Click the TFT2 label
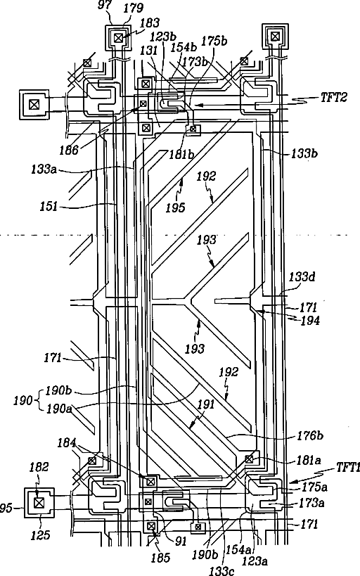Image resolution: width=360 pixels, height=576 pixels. click(x=333, y=98)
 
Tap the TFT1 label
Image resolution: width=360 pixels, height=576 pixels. click(x=348, y=468)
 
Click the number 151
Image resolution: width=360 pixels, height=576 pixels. click(x=49, y=206)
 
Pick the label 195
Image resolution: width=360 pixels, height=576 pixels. click(x=175, y=208)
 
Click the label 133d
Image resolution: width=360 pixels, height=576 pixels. click(x=302, y=276)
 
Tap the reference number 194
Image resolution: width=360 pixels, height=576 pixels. click(x=310, y=321)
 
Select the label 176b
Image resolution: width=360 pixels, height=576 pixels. click(x=310, y=435)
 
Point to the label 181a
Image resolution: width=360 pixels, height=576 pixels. click(x=309, y=460)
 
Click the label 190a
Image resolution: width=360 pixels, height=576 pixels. click(x=59, y=409)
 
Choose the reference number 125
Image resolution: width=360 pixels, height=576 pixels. click(x=40, y=535)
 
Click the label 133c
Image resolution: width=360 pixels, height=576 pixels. click(x=221, y=570)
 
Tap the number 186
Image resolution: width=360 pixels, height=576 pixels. click(x=70, y=150)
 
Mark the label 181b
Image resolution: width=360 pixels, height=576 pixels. click(x=181, y=154)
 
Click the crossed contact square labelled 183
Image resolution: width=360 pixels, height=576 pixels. click(x=118, y=38)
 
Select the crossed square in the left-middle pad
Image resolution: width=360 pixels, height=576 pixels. click(x=34, y=105)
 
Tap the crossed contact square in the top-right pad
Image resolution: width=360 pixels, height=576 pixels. click(x=274, y=36)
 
